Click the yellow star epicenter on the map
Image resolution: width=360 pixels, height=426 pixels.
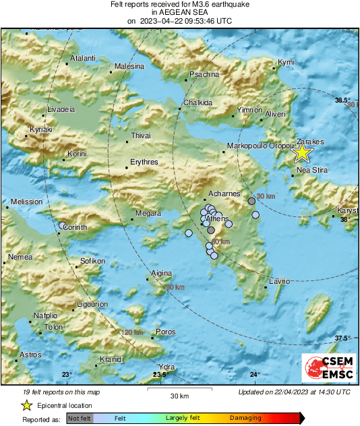302,153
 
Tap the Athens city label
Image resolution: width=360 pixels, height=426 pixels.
217,219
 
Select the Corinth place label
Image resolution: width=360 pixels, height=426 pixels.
75,228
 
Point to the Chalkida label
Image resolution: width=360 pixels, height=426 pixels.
198,103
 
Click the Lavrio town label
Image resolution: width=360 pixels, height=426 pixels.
279,280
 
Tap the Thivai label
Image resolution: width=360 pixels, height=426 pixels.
140,136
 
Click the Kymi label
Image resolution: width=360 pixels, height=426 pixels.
287,62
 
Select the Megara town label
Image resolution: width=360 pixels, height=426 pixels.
148,214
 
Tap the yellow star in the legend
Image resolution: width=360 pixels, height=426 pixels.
26,405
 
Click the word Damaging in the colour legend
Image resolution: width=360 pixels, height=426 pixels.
245,418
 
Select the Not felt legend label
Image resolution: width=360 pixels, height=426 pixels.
80,419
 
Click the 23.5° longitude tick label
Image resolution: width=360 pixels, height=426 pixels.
160,375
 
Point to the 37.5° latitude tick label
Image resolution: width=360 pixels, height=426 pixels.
344,338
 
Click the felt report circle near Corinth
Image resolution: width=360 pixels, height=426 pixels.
63,226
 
